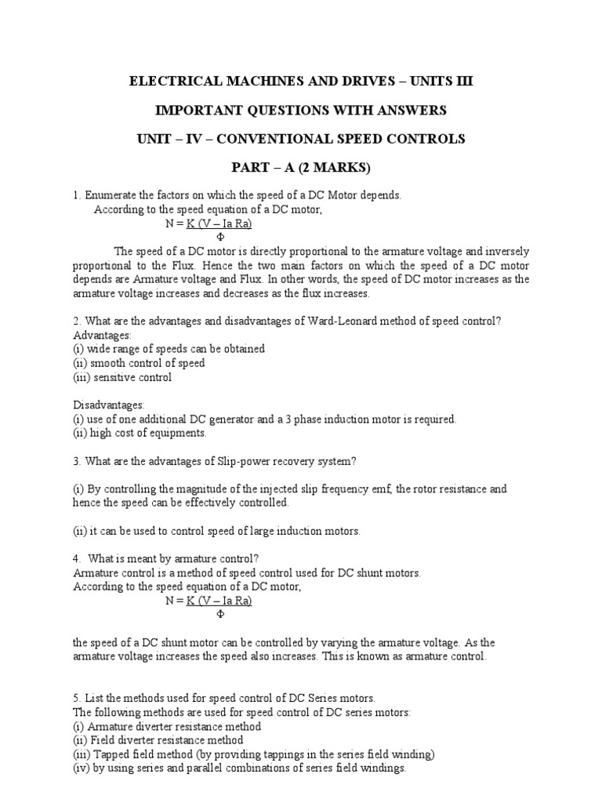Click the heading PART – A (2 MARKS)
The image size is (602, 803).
(300, 168)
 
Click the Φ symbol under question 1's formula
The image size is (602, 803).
(219, 237)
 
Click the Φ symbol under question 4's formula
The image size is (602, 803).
(219, 616)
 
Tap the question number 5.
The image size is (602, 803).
(76, 698)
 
